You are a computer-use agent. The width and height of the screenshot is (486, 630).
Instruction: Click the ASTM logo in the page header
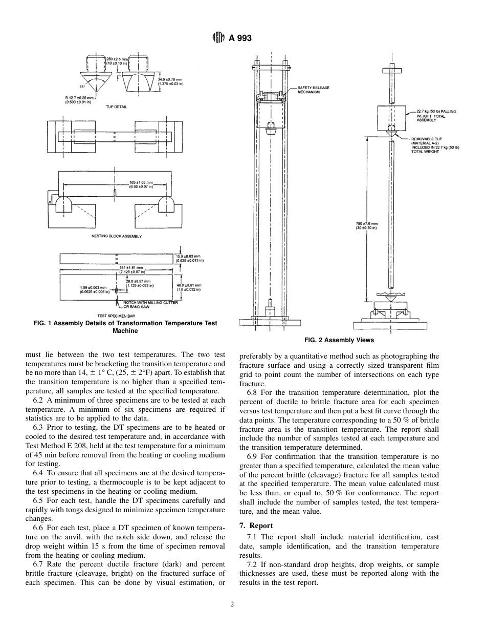(x=218, y=38)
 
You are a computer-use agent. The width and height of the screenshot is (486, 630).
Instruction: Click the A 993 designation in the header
(x=240, y=38)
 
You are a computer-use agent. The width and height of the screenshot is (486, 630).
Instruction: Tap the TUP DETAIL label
(x=116, y=107)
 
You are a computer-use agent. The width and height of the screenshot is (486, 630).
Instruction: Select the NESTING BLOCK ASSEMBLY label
(x=116, y=236)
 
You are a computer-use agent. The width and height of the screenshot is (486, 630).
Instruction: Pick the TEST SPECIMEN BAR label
(x=113, y=316)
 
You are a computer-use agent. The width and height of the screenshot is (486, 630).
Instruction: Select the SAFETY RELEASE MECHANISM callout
(x=313, y=90)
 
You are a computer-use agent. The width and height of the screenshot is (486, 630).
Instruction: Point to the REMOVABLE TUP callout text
(x=434, y=145)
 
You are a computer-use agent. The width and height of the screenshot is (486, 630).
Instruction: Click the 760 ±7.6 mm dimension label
(x=366, y=225)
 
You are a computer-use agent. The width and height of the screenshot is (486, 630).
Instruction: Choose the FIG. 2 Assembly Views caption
(x=339, y=340)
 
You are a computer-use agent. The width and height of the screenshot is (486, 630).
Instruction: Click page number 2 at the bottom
(x=232, y=604)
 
